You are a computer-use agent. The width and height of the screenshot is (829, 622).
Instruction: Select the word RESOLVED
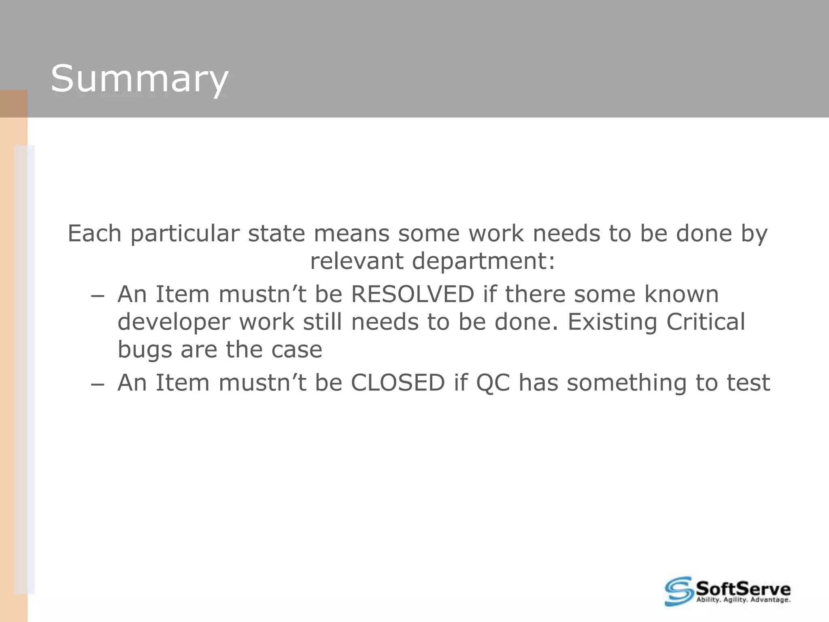click(412, 294)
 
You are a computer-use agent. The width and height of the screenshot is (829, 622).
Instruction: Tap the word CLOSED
click(398, 383)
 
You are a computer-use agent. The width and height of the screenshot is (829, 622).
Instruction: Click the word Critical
click(706, 322)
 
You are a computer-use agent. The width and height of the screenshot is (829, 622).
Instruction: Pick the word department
click(483, 261)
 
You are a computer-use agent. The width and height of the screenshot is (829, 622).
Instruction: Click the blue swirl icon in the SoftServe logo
click(678, 591)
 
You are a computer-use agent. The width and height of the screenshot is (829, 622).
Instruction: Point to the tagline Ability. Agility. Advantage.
click(743, 600)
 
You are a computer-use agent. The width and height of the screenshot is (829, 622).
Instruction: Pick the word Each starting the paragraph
click(94, 234)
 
